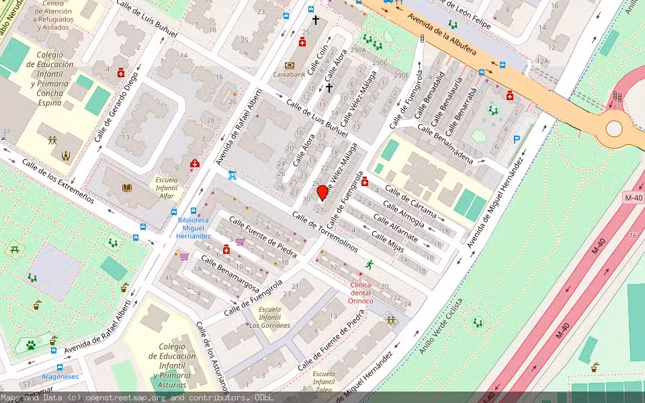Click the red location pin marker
pos(322,193)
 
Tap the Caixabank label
pos(289,75)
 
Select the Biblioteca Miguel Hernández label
pos(193,228)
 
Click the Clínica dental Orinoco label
pos(361,292)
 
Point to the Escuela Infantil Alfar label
pos(167,187)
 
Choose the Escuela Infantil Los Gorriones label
pos(270,317)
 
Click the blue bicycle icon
pos(232,175)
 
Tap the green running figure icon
pos(368,265)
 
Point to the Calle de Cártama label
pos(410,206)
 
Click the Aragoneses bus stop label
pos(60,377)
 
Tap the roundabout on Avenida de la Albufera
pos(614,128)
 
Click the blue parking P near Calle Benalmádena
pos(517,140)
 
